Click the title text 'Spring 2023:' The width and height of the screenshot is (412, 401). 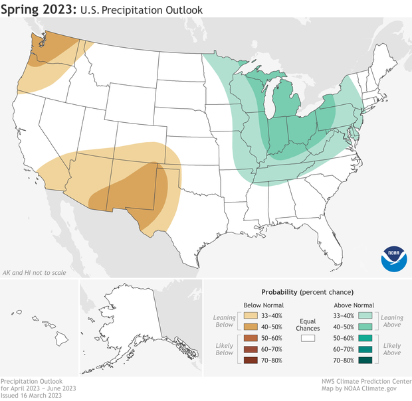point(40,11)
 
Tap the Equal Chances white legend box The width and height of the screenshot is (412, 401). point(308,337)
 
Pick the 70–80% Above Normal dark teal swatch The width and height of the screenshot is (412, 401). point(363,361)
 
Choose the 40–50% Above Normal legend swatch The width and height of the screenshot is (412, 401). point(363,327)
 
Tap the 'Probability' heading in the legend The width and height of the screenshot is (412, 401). point(278,292)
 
